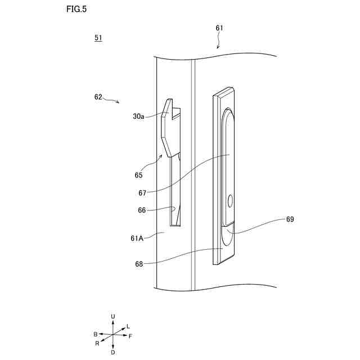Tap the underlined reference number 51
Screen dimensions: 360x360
(98, 38)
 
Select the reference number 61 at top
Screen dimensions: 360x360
(219, 28)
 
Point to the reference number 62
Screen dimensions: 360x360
(98, 96)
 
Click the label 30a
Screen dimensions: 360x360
(138, 116)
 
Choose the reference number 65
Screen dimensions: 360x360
(139, 175)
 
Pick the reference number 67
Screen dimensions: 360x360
(142, 192)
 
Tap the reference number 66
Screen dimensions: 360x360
(142, 210)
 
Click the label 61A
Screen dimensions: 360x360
(138, 238)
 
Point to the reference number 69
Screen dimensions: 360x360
(290, 219)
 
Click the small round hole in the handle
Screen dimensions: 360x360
(231, 200)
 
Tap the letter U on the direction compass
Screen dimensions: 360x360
(113, 317)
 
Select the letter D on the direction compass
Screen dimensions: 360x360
(113, 352)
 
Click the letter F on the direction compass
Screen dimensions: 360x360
(130, 336)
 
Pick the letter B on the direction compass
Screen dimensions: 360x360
(96, 334)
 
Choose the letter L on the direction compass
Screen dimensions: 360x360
(128, 326)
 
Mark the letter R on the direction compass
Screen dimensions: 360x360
(97, 343)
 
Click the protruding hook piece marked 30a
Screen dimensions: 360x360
(167, 127)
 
